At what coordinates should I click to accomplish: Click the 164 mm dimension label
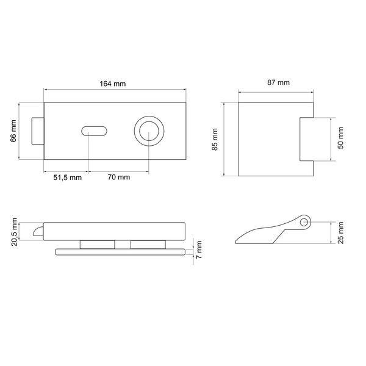point(113,84)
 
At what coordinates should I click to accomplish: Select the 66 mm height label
point(13,131)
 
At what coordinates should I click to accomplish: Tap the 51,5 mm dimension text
point(68,178)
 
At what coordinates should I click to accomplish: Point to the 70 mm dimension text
point(119,177)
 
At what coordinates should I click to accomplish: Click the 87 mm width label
point(279,82)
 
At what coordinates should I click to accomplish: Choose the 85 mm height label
point(215,139)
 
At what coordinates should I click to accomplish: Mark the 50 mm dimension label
point(340,138)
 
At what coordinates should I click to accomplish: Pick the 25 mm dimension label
point(340,233)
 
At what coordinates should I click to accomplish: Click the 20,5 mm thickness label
point(14,232)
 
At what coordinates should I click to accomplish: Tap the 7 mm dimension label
point(199,249)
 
